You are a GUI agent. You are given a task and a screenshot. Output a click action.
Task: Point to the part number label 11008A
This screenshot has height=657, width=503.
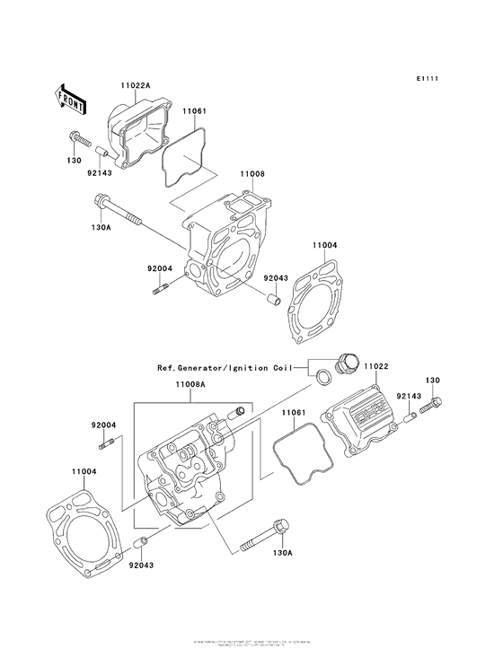(x=190, y=382)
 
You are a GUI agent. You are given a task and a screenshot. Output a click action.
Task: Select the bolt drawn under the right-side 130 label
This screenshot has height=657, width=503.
(x=433, y=405)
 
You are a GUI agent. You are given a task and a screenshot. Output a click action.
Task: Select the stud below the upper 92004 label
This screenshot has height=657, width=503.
(x=159, y=289)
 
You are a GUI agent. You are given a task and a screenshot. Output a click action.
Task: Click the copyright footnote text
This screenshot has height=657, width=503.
(x=251, y=644)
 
